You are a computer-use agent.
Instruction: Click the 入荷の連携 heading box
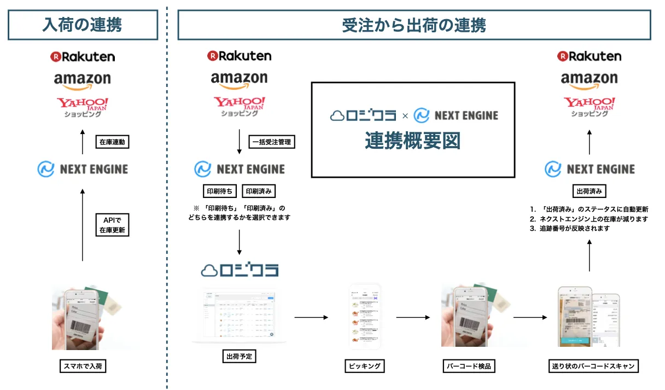(82, 25)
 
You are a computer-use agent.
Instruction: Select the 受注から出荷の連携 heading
(414, 25)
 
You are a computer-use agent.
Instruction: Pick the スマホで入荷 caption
(82, 365)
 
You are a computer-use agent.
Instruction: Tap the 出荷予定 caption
(239, 357)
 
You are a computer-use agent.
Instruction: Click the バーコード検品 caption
(468, 365)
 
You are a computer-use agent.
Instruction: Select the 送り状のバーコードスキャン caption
(593, 365)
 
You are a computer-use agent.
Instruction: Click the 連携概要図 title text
(413, 141)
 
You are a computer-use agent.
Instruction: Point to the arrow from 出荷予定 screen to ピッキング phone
(311, 317)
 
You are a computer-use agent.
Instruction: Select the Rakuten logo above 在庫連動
(82, 56)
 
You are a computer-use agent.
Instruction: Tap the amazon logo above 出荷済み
(590, 80)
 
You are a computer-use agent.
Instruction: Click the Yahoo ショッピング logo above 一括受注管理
(239, 106)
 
